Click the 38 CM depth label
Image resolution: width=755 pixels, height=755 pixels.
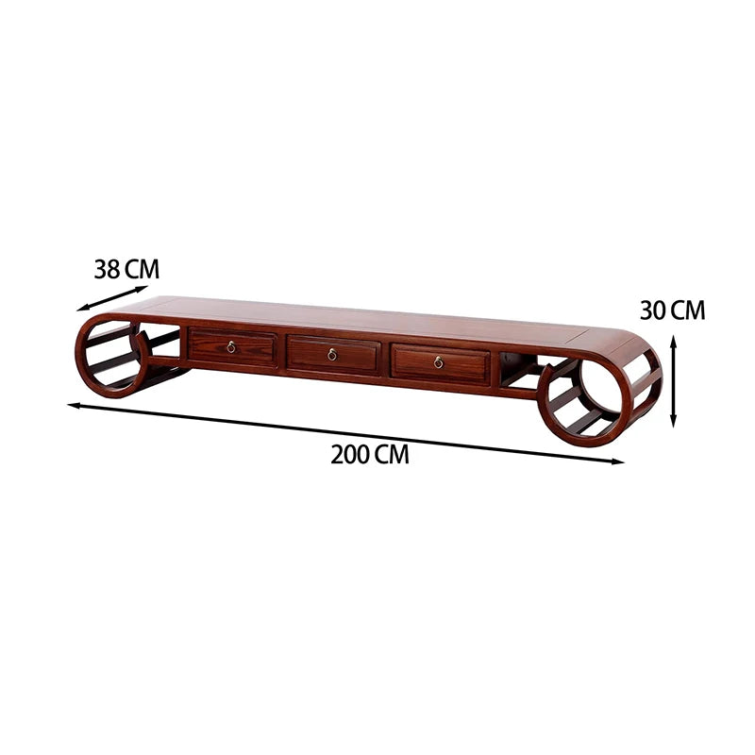[126, 269]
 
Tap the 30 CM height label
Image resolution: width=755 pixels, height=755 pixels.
[672, 310]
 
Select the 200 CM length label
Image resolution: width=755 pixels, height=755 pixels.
[370, 454]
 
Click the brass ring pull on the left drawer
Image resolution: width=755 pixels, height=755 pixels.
[231, 346]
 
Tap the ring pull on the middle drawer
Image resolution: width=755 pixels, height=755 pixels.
[332, 355]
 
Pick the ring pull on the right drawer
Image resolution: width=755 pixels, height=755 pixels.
[438, 362]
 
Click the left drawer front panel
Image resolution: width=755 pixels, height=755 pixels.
[232, 346]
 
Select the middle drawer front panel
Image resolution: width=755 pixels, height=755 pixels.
[333, 355]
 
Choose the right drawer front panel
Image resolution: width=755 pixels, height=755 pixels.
[441, 363]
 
